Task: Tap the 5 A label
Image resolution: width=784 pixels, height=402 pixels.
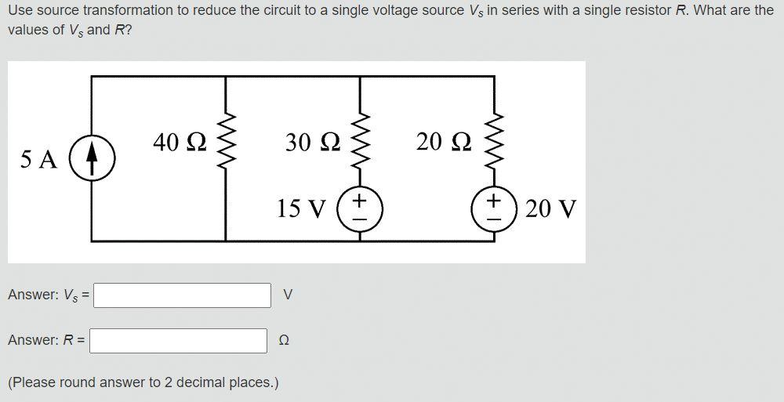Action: (38, 160)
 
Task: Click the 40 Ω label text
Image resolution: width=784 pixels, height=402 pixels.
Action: (180, 142)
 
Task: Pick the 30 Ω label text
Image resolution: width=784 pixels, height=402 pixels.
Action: (313, 142)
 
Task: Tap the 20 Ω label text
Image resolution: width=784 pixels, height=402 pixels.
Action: (444, 142)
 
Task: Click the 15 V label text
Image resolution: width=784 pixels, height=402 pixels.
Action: (301, 209)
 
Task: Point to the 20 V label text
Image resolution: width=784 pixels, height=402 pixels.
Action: (550, 209)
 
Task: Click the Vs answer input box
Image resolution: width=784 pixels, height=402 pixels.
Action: (182, 295)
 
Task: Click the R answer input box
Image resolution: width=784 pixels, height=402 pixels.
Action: (180, 341)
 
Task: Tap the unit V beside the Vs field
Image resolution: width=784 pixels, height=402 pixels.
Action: (288, 295)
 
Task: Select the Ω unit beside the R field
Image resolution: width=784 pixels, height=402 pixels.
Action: (284, 341)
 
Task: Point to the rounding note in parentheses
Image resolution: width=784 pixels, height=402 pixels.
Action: (143, 382)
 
